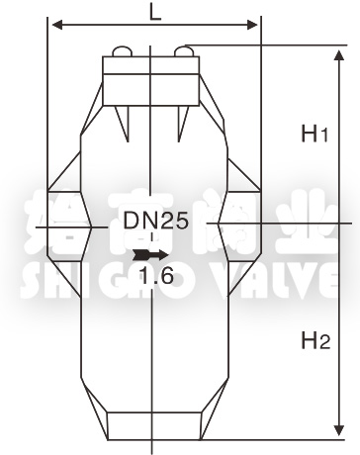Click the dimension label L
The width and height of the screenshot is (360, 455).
pos(154,12)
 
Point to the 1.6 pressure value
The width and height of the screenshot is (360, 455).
pos(157,278)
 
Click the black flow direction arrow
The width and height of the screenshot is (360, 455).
pos(143,255)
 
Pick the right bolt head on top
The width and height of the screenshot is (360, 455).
pos(184,50)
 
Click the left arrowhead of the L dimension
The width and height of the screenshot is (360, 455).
pos(55,24)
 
